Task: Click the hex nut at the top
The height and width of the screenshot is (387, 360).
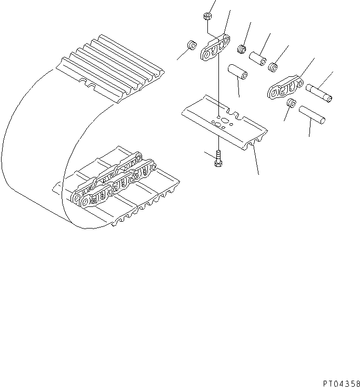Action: point(206,18)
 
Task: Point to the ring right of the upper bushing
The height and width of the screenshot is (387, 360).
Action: point(273,67)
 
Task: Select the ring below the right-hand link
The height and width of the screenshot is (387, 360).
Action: point(292,104)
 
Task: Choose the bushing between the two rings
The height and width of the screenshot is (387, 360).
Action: point(258,57)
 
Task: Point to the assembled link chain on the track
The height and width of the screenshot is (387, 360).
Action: point(113,179)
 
